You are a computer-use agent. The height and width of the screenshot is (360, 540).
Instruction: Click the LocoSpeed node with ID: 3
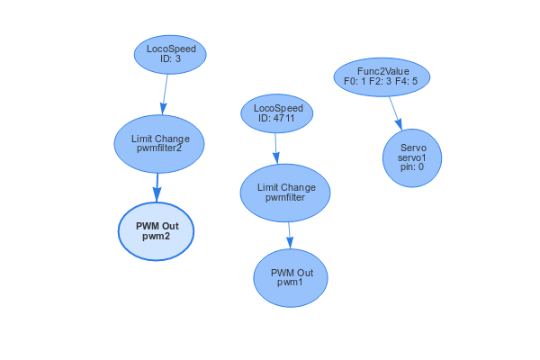tap(170, 54)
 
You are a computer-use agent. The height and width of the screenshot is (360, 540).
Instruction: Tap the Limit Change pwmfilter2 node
tap(159, 143)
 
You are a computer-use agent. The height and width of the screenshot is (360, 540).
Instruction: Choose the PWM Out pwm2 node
tap(156, 230)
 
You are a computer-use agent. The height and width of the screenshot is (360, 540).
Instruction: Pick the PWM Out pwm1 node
tap(290, 277)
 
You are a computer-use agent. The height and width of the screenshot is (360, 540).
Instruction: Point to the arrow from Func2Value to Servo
tap(395, 112)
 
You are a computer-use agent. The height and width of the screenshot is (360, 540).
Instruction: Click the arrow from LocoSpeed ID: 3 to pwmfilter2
tap(165, 94)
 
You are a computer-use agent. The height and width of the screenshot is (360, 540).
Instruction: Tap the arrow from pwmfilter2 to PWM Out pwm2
tap(157, 186)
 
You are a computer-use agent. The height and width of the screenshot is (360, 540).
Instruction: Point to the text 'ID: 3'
tap(170, 59)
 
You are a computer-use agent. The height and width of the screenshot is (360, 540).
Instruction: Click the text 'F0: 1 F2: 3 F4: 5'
tap(382, 81)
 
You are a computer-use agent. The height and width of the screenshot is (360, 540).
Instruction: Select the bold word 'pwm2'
tap(156, 237)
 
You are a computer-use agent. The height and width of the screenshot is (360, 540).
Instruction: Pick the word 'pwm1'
tap(290, 283)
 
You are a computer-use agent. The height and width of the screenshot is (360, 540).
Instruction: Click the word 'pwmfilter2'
tap(159, 149)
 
